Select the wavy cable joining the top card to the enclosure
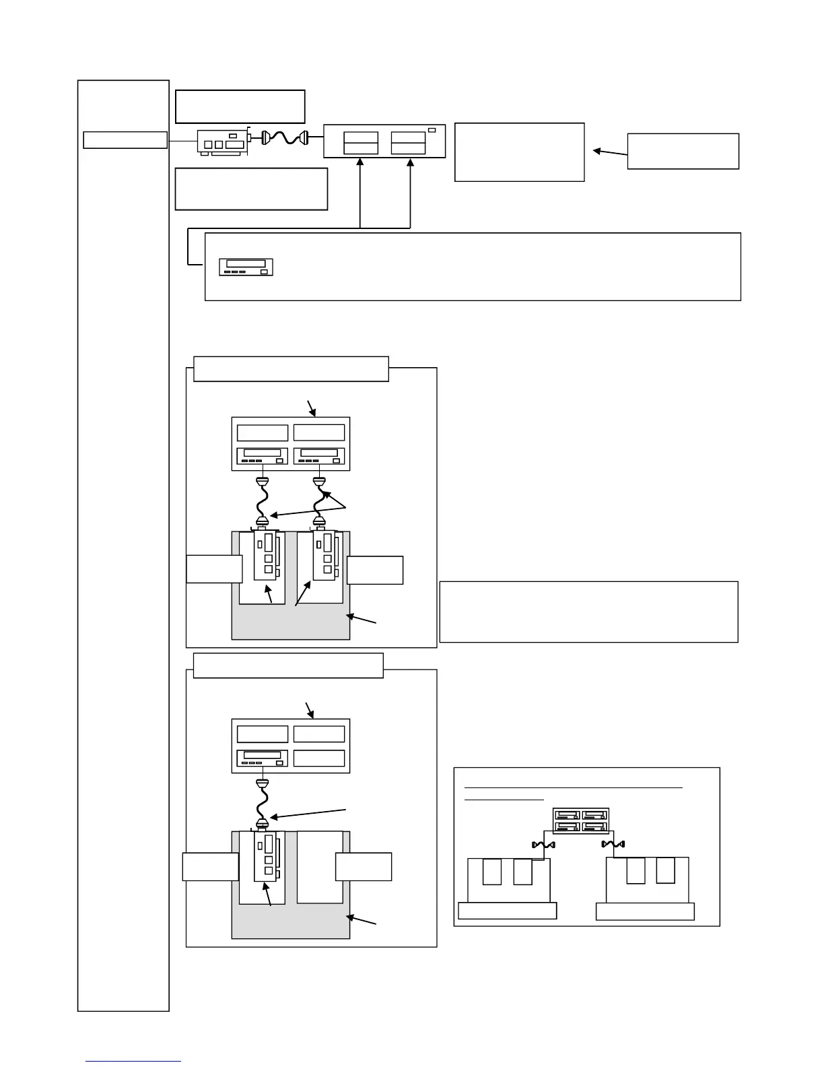pyautogui.click(x=284, y=137)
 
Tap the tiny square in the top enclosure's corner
pyautogui.click(x=432, y=129)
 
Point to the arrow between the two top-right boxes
pyautogui.click(x=610, y=153)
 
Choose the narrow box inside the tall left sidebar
pyautogui.click(x=125, y=139)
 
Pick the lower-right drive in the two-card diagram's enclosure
pyautogui.click(x=319, y=457)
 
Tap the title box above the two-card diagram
pyautogui.click(x=291, y=369)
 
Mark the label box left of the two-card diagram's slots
pyautogui.click(x=214, y=569)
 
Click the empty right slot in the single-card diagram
pyautogui.click(x=320, y=867)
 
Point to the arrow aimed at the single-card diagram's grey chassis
pyautogui.click(x=361, y=920)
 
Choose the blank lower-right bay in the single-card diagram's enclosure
pyautogui.click(x=319, y=758)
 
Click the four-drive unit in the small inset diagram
pyautogui.click(x=580, y=820)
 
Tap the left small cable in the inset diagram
pyautogui.click(x=543, y=845)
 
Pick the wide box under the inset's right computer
pyautogui.click(x=645, y=911)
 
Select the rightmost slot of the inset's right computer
pyautogui.click(x=666, y=870)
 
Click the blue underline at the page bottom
pyautogui.click(x=133, y=1062)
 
